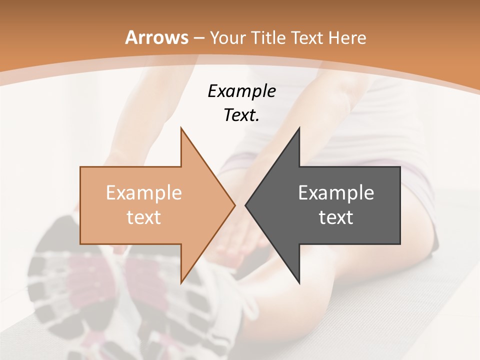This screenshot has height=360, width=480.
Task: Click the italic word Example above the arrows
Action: (x=241, y=91)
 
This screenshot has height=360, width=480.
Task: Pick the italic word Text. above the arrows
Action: (x=241, y=115)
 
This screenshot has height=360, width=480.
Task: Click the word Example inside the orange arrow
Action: (x=143, y=192)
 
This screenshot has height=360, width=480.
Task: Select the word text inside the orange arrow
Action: (x=143, y=217)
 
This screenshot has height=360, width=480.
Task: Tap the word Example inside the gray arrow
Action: (x=336, y=192)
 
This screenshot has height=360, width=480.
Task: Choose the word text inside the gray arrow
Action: (x=336, y=217)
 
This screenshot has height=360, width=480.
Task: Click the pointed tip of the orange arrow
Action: (x=235, y=205)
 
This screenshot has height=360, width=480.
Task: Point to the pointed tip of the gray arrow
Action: (x=245, y=205)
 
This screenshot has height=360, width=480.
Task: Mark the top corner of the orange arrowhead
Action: (x=181, y=128)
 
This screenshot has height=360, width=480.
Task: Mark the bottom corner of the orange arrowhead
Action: (x=181, y=283)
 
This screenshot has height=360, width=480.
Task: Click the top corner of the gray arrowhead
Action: (x=299, y=128)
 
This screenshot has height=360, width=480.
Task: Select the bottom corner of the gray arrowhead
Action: (x=299, y=283)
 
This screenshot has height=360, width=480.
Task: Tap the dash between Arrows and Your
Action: (x=198, y=38)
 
